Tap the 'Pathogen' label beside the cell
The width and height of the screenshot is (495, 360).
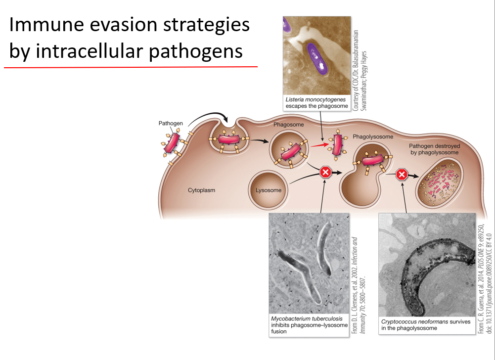tap(171, 123)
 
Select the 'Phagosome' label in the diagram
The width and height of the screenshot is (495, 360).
tap(290, 125)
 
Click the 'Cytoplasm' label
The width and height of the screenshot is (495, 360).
tap(201, 190)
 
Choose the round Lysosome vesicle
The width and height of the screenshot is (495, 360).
tap(268, 190)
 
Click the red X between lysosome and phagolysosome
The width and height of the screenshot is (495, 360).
tap(325, 172)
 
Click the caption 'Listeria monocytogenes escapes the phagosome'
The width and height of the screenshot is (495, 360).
tap(316, 102)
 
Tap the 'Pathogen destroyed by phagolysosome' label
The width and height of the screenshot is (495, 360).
tap(434, 149)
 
